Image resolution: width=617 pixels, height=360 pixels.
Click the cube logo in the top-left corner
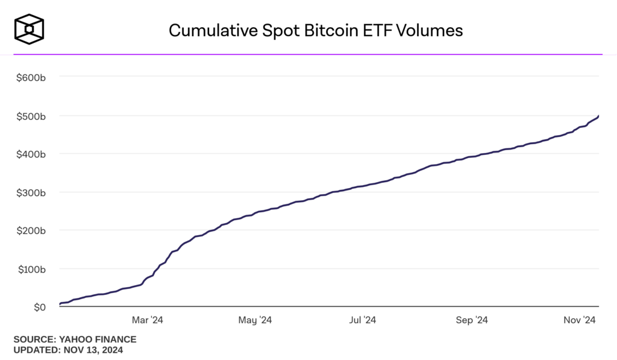click(30, 30)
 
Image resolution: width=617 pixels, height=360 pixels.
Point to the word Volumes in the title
click(435, 30)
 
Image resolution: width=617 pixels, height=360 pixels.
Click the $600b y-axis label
click(31, 77)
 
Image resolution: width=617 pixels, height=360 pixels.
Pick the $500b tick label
click(31, 116)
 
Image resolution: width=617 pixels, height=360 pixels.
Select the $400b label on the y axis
click(31, 154)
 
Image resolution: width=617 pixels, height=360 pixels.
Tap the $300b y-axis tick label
click(31, 192)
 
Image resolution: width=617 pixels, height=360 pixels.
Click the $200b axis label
click(31, 231)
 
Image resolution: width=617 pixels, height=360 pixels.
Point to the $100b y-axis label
click(31, 269)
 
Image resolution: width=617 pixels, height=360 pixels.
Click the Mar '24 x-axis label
click(148, 320)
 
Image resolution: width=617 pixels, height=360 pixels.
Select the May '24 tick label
click(255, 320)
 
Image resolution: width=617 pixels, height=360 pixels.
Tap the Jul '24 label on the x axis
click(363, 320)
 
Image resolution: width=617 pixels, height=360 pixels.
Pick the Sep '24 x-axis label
click(472, 320)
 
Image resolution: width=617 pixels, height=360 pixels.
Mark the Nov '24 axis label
click(580, 320)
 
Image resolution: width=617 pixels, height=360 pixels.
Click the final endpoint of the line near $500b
click(598, 115)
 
